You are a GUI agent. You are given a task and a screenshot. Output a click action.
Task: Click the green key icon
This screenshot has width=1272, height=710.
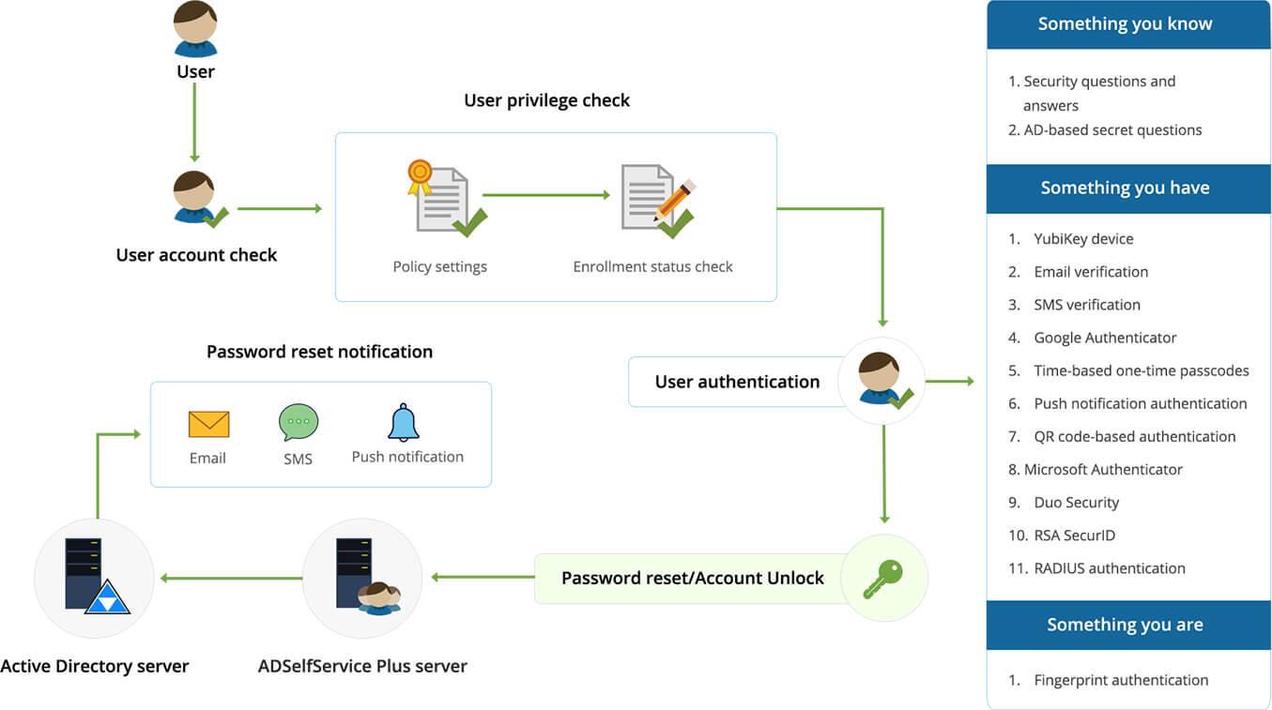pos(883,578)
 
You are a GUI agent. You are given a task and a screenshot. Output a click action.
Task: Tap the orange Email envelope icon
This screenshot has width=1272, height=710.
pos(208,424)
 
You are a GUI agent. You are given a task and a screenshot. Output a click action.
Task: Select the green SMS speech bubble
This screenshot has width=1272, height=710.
pos(299,423)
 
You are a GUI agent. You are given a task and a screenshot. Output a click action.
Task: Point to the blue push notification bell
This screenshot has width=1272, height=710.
pos(404,423)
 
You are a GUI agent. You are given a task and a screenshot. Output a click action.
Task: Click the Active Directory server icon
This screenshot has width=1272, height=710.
pos(94,578)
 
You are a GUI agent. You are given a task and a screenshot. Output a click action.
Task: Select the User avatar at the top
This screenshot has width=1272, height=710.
pos(195,28)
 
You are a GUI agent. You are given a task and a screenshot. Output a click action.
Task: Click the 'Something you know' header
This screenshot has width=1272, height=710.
pos(1125,24)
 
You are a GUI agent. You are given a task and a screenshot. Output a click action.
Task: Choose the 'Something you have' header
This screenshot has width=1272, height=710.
pos(1125,189)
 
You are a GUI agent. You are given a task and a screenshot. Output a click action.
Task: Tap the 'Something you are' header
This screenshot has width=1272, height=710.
pos(1125,626)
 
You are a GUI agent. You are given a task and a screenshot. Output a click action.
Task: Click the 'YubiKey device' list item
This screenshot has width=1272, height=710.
pos(1083,239)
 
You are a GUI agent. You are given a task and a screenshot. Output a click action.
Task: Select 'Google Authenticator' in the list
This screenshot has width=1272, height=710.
pos(1105,338)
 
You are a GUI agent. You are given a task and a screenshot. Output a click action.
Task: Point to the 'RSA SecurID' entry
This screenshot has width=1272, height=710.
pos(1074,536)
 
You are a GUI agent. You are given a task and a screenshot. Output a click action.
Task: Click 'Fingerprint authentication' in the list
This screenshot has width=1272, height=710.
pos(1121,680)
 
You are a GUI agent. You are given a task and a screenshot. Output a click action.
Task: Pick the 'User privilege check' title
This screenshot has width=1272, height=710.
pos(546,100)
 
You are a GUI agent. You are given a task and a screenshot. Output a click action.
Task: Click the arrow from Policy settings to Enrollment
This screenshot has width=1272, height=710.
pos(546,195)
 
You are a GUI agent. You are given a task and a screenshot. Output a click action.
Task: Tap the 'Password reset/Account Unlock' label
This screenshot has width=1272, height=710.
pos(693,578)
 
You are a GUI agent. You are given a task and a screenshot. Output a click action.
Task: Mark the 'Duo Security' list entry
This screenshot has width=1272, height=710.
pos(1076,503)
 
